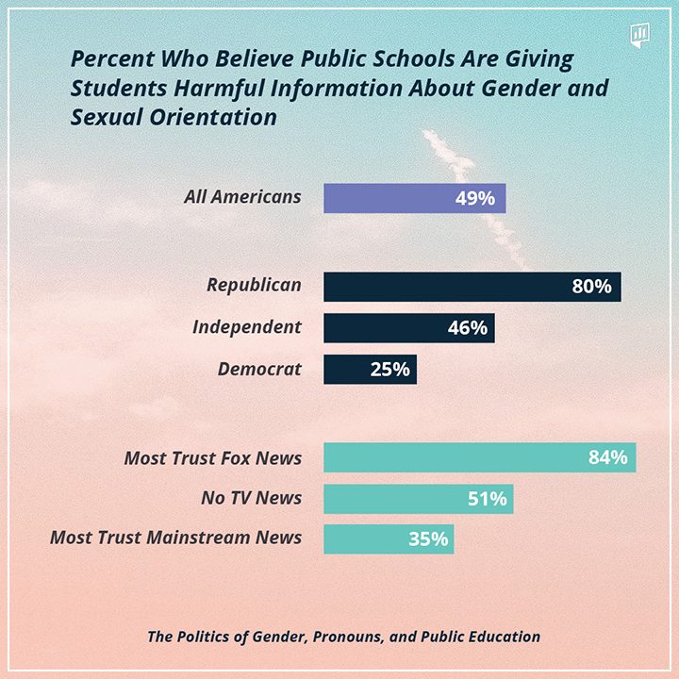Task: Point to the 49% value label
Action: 475,198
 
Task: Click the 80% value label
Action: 591,287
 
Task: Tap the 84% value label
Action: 607,458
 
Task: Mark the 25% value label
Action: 389,370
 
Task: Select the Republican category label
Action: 254,285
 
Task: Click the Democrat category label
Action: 259,369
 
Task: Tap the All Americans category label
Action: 243,197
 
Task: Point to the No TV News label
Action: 251,498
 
